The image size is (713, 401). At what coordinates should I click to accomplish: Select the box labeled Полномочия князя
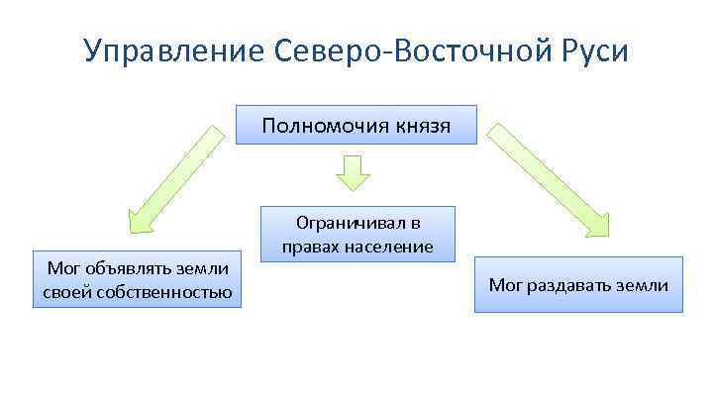(356, 126)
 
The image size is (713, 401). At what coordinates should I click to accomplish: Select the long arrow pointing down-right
(541, 179)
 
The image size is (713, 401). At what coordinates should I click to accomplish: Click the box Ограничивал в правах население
(357, 235)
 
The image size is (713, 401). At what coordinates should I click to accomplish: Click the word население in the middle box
(392, 246)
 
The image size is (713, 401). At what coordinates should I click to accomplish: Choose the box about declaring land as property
(138, 279)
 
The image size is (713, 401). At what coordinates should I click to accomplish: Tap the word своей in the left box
(65, 291)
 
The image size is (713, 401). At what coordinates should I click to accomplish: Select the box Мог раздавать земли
(578, 285)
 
